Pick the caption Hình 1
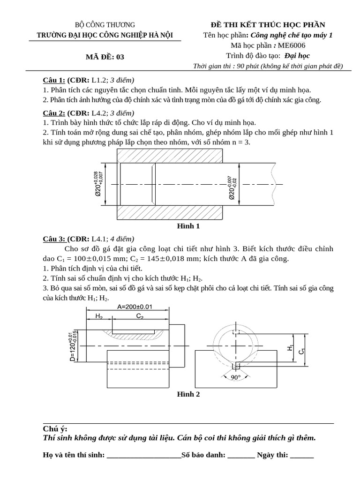click(188, 226)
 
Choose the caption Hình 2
click(188, 394)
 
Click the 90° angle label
click(235, 376)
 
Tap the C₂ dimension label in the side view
click(140, 316)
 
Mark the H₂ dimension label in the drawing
click(99, 316)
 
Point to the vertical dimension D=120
click(73, 346)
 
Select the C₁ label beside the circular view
click(302, 351)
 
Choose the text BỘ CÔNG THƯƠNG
click(105, 25)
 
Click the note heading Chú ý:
click(55, 429)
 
